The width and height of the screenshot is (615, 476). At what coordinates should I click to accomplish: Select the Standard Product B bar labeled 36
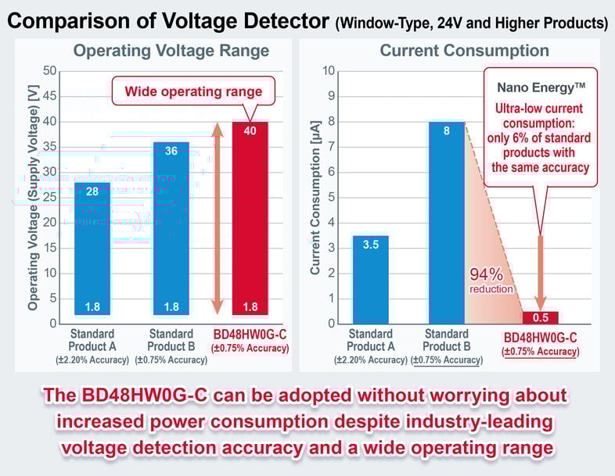click(x=170, y=227)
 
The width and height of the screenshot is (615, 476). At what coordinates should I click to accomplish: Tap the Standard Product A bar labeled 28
click(x=92, y=248)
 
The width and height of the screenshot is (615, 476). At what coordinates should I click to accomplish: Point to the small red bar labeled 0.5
click(x=540, y=317)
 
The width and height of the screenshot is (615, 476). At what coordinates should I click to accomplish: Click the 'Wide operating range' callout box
click(x=193, y=91)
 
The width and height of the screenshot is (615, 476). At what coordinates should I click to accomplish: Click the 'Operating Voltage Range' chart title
click(x=171, y=52)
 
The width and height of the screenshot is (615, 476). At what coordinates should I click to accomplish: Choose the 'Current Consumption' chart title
click(x=464, y=52)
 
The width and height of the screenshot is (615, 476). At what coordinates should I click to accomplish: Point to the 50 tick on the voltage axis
click(x=52, y=71)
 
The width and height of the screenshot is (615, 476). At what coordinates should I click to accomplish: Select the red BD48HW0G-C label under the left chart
click(x=251, y=335)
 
